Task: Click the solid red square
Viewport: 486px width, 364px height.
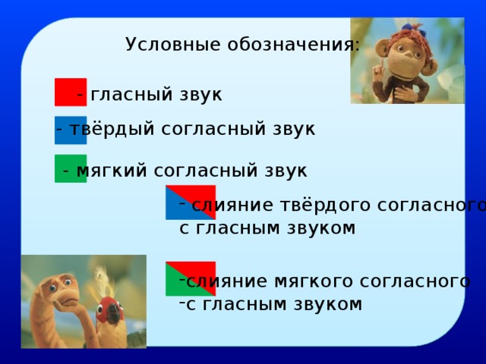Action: point(70,92)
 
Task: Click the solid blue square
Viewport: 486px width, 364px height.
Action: point(71,130)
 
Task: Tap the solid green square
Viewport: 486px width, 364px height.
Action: point(71,168)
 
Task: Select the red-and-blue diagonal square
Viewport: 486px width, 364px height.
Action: point(191,202)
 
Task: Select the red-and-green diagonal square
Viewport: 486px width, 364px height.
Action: point(191,278)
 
